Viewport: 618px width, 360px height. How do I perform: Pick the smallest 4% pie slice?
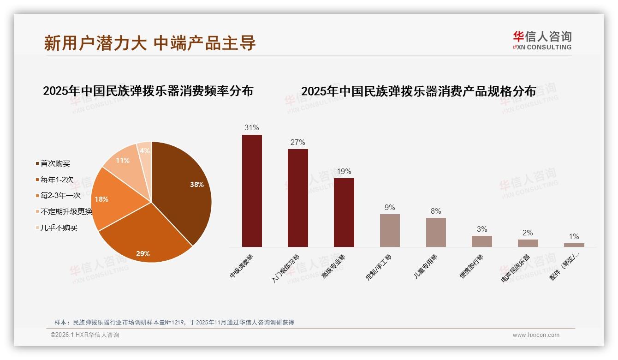[145, 151]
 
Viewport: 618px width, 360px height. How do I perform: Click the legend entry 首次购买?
[55, 163]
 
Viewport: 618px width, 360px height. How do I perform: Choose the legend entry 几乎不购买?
[59, 228]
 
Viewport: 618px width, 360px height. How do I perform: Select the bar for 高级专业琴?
[344, 212]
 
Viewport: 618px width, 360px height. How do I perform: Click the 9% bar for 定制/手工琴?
[390, 230]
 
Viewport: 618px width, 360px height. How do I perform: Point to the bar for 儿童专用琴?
[436, 232]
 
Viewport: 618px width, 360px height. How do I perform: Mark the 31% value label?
[252, 128]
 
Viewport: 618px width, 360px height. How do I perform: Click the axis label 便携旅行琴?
[471, 267]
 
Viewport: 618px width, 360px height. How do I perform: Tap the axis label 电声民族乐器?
[516, 269]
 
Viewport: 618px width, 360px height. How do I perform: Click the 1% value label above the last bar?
[574, 236]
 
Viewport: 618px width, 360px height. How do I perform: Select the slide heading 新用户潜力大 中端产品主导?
[150, 43]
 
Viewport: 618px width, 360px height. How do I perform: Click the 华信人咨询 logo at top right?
[542, 40]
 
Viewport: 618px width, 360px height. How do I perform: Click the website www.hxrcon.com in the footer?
[536, 335]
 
